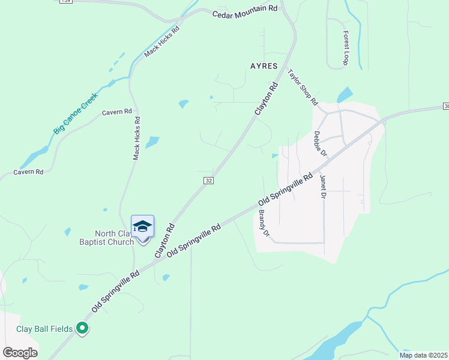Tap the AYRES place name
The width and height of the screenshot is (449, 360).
pyautogui.click(x=264, y=66)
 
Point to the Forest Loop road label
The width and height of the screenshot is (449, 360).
pyautogui.click(x=346, y=48)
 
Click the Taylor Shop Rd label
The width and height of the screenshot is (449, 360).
pyautogui.click(x=302, y=87)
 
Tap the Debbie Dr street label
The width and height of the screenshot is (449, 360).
pyautogui.click(x=319, y=144)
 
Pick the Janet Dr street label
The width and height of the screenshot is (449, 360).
pyautogui.click(x=323, y=187)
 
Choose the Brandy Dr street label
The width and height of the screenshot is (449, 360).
pyautogui.click(x=264, y=222)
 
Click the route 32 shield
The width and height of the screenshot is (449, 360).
pyautogui.click(x=208, y=180)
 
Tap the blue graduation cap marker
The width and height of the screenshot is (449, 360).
pyautogui.click(x=142, y=226)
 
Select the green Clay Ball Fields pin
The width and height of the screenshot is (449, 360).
pyautogui.click(x=83, y=329)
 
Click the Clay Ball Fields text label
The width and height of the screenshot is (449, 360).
pyautogui.click(x=44, y=329)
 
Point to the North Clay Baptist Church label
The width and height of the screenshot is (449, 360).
pyautogui.click(x=113, y=238)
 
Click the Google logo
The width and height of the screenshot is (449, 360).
pyautogui.click(x=20, y=352)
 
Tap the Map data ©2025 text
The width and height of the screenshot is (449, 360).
pyautogui.click(x=424, y=355)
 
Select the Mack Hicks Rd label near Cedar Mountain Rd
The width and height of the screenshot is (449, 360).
pyautogui.click(x=161, y=42)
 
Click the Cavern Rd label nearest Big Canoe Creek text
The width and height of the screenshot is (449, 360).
pyautogui.click(x=116, y=112)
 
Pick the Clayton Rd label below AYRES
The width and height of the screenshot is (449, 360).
pyautogui.click(x=267, y=98)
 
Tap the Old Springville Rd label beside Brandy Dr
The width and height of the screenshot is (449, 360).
pyautogui.click(x=286, y=189)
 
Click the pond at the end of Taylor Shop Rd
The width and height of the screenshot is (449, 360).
pyautogui.click(x=345, y=95)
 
